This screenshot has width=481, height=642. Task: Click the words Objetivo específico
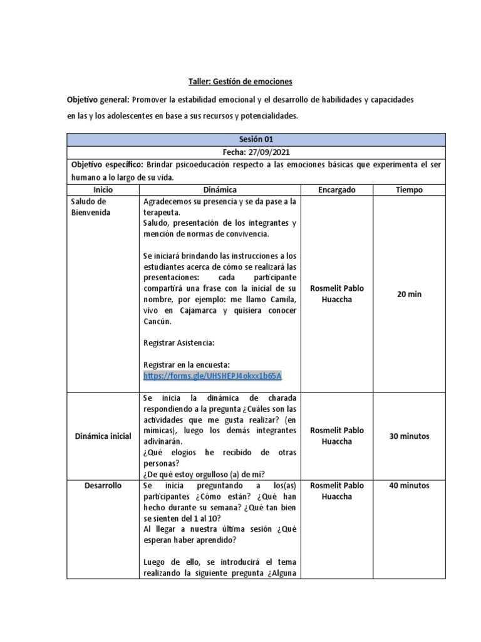pos(107,164)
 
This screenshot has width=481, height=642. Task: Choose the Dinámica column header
pos(220,189)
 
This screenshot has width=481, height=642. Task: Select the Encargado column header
pos(336,189)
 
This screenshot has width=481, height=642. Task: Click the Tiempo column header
pos(409,189)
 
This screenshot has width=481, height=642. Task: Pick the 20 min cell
pos(409,293)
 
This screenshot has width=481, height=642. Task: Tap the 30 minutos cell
pos(409,436)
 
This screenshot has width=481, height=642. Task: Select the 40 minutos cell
pos(409,485)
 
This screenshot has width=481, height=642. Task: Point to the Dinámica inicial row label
pos(103,436)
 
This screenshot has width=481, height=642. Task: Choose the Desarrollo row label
pos(103,485)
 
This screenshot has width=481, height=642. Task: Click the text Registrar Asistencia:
pos(179,343)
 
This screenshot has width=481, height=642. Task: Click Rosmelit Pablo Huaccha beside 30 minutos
pos(336,436)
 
